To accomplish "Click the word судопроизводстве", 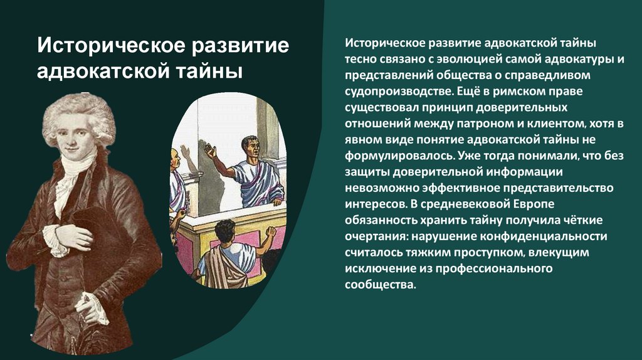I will coord(397,92).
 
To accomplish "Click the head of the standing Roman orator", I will coord(251,147).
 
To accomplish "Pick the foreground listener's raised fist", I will coord(271,233).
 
